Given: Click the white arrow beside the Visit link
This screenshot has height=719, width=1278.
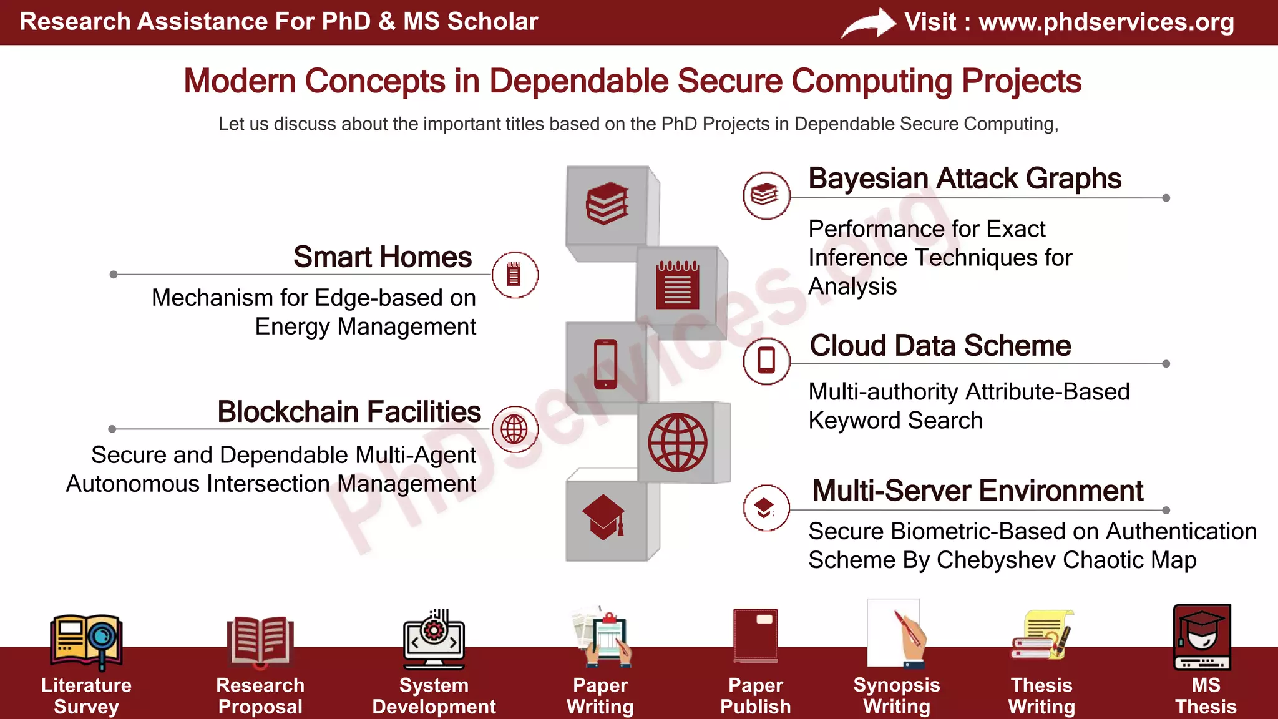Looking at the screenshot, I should pos(868,24).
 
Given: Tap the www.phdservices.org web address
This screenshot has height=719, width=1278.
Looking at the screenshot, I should pos(1106,22).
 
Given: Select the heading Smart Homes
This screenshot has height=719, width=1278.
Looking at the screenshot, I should pos(383,257).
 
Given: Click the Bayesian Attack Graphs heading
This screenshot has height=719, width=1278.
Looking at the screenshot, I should pos(965,179).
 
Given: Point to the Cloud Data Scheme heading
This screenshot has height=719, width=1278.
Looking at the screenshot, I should pos(940,346).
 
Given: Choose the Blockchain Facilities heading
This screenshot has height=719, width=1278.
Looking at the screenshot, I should pos(349,412).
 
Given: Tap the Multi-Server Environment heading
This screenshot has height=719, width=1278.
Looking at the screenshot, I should pos(977,491).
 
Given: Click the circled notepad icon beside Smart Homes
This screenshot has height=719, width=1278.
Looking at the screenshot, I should pos(514,275).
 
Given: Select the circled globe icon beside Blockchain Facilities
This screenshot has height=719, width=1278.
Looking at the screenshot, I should pos(514,429).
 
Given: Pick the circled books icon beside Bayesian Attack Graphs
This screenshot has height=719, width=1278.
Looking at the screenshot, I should pos(766,195).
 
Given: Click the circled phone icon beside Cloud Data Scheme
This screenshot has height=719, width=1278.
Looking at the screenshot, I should pos(766,361).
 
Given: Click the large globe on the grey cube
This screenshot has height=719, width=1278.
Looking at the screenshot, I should pos(677,443).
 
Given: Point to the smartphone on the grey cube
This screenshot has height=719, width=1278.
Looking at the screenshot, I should pos(605,364).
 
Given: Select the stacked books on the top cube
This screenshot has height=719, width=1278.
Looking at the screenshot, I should pos(607,203).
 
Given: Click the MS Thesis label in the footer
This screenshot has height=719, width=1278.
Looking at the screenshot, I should pos(1205,696).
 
